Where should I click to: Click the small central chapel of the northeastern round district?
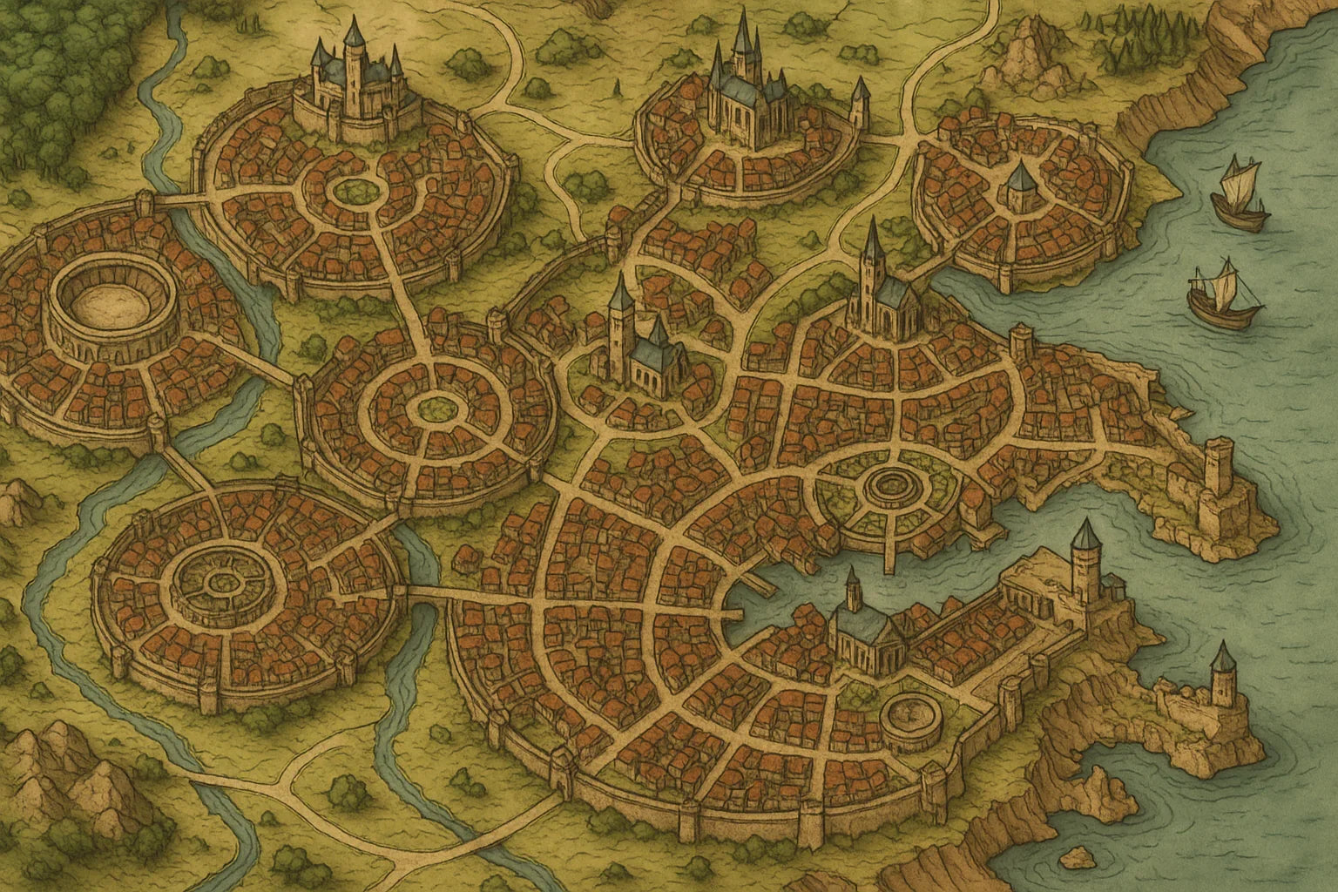tap(1019, 185)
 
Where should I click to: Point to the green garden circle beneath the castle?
tap(353, 187)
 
